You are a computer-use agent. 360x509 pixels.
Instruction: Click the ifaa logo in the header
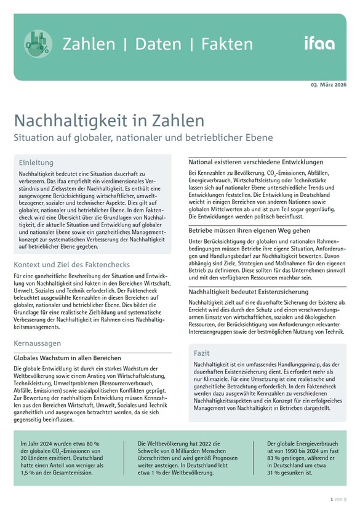pos(319,43)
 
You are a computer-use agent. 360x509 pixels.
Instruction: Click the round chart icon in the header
pos(38,44)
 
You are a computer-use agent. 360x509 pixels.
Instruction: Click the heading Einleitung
pos(36,162)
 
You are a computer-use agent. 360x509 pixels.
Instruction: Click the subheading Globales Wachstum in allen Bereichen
pos(68,357)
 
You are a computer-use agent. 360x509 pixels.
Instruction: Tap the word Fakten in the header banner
pos(222,44)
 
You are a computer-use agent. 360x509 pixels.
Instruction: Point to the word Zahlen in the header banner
pos(89,44)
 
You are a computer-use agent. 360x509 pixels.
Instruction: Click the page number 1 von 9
pos(338,499)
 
